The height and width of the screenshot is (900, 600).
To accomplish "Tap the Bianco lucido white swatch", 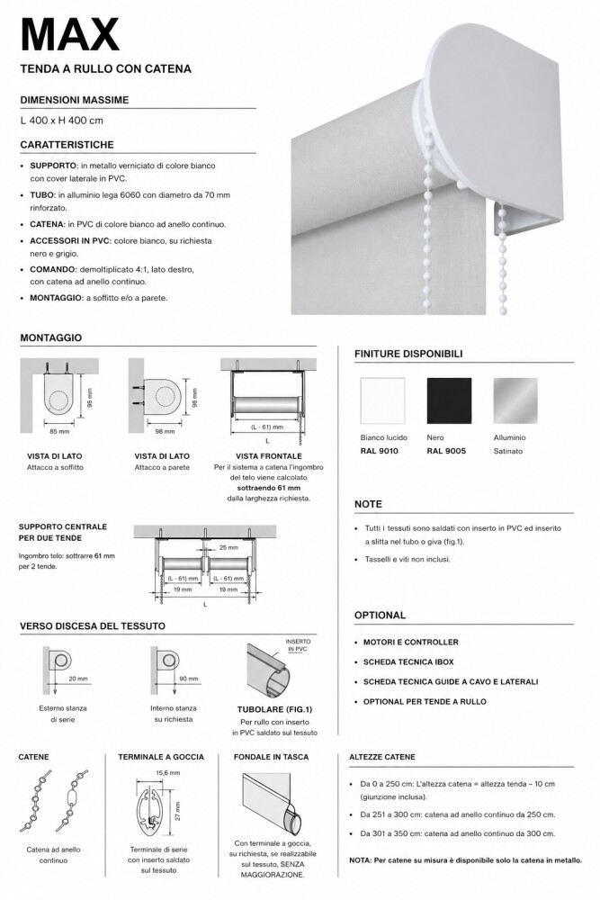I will pyautogui.click(x=383, y=401).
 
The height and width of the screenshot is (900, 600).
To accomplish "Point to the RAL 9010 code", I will pyautogui.click(x=379, y=450).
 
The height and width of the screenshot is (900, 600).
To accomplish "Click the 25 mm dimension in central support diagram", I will pyautogui.click(x=228, y=547).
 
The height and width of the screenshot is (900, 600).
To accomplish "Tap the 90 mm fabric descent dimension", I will pyautogui.click(x=189, y=679).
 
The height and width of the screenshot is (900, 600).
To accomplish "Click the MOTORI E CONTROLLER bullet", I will pyautogui.click(x=411, y=642).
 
